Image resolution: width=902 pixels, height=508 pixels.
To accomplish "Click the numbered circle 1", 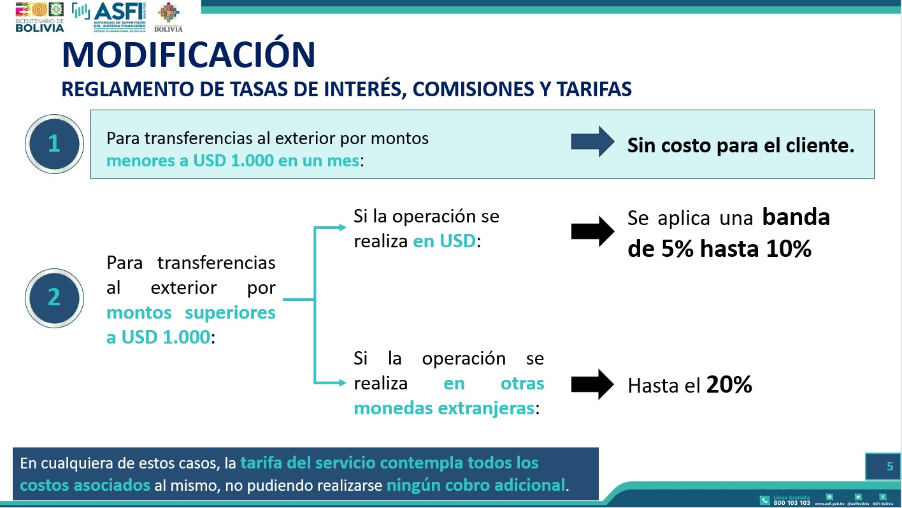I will [x=54, y=143].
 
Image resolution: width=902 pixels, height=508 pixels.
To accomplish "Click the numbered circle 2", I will [x=54, y=297].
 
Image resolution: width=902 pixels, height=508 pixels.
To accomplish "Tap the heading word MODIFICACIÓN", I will [x=189, y=55].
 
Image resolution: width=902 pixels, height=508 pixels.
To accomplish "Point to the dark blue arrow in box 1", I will [x=593, y=142].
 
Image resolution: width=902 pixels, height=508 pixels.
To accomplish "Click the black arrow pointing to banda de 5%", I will [x=593, y=231].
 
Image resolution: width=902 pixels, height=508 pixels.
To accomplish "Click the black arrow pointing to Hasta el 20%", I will [x=593, y=384].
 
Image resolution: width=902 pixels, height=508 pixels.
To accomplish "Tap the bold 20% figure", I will [x=729, y=384].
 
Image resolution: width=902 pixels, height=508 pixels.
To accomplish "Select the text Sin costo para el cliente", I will [x=740, y=145].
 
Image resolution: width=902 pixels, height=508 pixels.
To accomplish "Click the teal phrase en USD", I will [x=444, y=242].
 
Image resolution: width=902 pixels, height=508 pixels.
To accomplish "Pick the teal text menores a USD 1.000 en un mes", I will [x=233, y=160].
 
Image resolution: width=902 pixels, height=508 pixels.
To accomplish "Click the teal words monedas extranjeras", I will [x=443, y=408].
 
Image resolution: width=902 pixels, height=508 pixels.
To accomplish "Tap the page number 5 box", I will [x=882, y=467].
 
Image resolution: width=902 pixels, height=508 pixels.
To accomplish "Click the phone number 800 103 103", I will [x=791, y=503].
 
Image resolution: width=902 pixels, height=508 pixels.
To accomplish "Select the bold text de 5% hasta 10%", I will [x=719, y=249].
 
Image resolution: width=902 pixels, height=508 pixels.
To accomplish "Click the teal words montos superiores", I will [x=190, y=313].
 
